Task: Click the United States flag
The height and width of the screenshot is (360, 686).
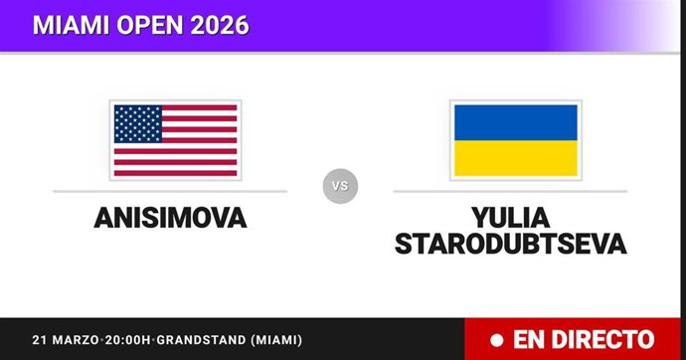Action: (175, 139)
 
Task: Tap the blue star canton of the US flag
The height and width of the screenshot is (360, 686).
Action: (138, 122)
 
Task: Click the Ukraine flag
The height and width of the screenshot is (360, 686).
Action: (515, 139)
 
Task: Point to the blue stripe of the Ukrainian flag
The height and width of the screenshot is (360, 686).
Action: (515, 122)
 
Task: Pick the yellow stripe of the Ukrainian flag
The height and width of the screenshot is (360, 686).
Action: (515, 157)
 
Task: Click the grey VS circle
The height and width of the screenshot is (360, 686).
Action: (340, 185)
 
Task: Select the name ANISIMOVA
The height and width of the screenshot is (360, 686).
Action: (170, 218)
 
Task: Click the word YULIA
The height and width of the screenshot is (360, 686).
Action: (510, 215)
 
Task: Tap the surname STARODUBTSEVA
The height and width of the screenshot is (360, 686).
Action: (510, 244)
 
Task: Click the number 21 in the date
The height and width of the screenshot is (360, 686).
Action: (38, 339)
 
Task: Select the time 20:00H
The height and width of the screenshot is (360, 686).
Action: (121, 339)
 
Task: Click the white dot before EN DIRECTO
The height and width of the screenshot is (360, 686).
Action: (494, 339)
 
